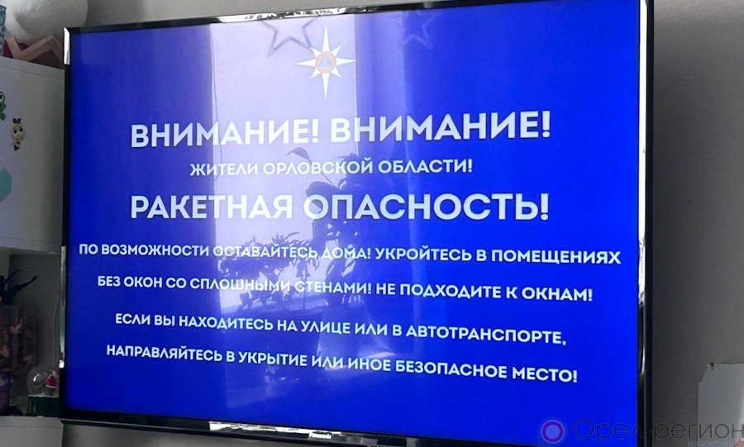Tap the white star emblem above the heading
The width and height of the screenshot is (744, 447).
pos(326,62)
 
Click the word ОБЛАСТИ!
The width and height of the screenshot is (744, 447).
pos(422,166)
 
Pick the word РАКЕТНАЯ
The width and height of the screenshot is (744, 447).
pos(212,207)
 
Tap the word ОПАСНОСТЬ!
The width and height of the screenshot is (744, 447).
pos(426,207)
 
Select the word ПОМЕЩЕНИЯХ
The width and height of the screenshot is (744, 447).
pos(555,256)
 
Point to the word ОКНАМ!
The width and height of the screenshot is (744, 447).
pos(557,294)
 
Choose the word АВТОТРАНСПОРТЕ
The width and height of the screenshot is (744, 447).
pos(486,335)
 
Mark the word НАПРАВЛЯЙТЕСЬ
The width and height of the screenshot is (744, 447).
pos(165,353)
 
